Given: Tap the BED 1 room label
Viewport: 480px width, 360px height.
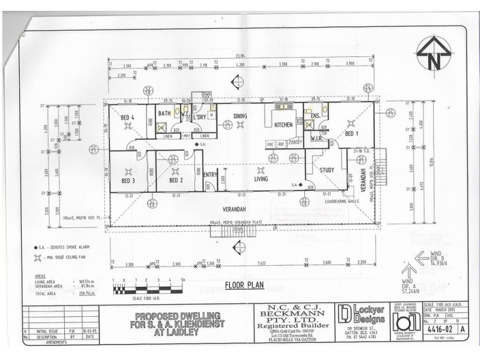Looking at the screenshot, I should click(352, 133).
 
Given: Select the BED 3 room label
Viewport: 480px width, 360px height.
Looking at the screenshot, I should click(127, 180).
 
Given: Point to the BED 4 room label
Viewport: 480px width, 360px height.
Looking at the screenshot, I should click(127, 117).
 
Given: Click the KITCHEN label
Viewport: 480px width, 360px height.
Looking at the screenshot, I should click(283, 124).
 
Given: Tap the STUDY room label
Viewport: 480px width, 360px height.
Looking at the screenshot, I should click(326, 170).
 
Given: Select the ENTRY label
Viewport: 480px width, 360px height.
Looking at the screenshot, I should click(210, 175).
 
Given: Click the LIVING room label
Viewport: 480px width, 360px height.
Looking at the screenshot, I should click(261, 178).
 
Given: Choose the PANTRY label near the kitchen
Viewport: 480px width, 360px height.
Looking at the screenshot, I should click(294, 142).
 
